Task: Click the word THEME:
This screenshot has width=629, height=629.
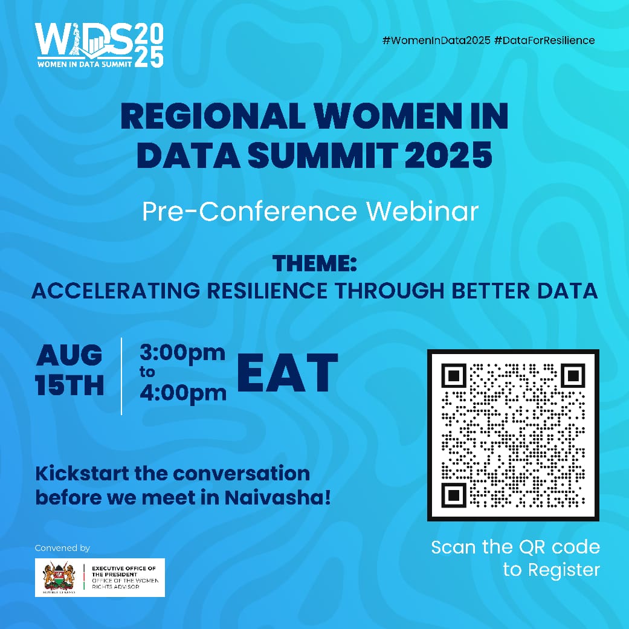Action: [314, 264]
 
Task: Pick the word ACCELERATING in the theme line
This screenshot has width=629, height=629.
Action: [115, 291]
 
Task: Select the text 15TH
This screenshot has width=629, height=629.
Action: [69, 385]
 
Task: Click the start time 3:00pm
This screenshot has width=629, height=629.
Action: [182, 352]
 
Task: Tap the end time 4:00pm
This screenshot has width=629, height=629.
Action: [182, 393]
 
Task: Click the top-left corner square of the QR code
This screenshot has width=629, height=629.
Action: [453, 375]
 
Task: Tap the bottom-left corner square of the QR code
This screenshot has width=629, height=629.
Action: [453, 495]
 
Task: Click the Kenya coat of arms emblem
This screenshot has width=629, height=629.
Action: [59, 577]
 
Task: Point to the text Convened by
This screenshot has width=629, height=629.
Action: [62, 548]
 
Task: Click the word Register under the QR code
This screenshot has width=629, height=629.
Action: [564, 569]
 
